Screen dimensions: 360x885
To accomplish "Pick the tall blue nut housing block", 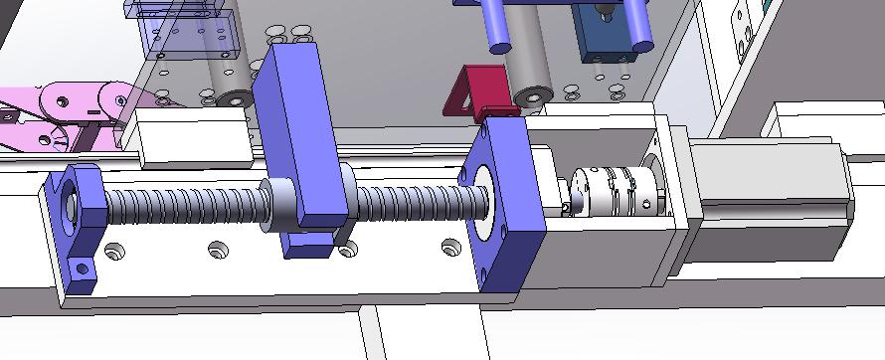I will [298, 149].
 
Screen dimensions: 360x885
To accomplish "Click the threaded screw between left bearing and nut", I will [179, 208].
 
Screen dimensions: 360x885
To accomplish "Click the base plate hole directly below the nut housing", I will [347, 250].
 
